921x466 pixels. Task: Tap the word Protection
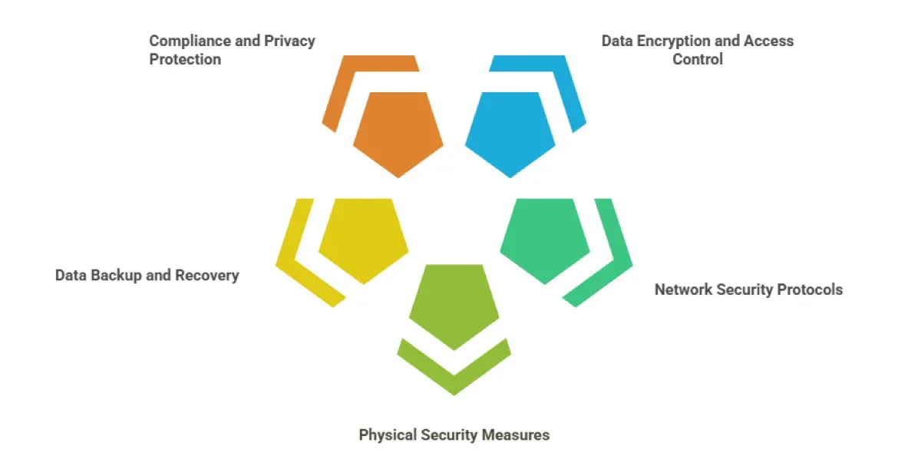(185, 59)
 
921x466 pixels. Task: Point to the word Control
(698, 59)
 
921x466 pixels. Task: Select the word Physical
(388, 435)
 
